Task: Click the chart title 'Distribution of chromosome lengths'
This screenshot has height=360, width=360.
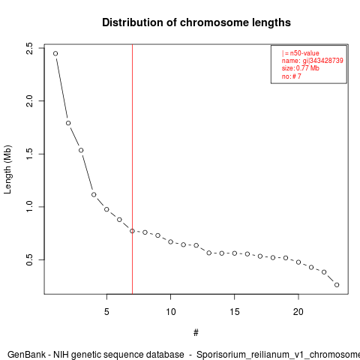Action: pos(196,22)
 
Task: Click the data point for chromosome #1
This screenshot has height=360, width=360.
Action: pos(55,53)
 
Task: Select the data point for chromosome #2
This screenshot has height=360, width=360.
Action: pos(68,123)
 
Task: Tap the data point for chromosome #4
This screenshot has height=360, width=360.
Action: pos(94,194)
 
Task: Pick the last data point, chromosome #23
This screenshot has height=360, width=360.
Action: pos(337,285)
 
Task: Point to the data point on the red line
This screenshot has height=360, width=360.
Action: pos(132,231)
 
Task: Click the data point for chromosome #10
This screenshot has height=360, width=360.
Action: pos(170,241)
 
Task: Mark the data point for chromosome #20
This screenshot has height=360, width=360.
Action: pos(298,262)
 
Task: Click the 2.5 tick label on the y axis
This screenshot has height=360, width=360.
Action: pos(29,48)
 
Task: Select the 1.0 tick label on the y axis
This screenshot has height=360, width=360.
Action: pos(29,207)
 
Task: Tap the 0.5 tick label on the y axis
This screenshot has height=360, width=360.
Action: pos(29,259)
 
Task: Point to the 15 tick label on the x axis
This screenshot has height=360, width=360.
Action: pos(235,312)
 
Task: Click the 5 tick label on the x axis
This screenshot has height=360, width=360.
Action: pos(106,312)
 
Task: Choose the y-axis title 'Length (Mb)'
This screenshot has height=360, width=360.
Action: pos(7,169)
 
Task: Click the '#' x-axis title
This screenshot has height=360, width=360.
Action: pos(196,332)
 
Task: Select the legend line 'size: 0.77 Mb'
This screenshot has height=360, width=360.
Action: pos(301,68)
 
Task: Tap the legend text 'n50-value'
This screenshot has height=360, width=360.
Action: pos(304,53)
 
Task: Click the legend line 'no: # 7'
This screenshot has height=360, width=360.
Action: pos(292,76)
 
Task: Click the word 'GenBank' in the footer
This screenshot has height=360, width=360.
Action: pos(26,355)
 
